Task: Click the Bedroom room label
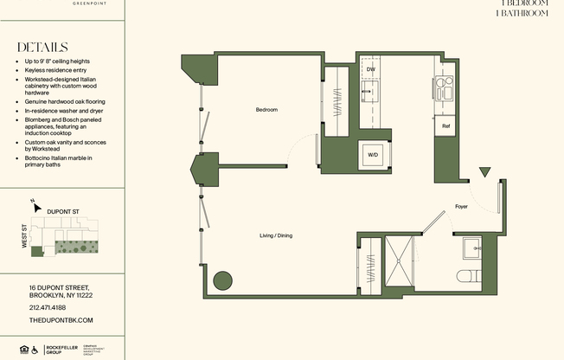click(x=266, y=110)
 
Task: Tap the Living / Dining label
click(x=275, y=235)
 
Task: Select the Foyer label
click(x=461, y=207)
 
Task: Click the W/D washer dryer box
click(x=373, y=155)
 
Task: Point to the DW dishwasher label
click(x=370, y=68)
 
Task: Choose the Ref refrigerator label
click(x=445, y=126)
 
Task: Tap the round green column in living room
click(x=222, y=280)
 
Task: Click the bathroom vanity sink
click(x=471, y=247)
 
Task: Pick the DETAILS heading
click(x=42, y=48)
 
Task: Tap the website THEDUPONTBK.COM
click(x=61, y=320)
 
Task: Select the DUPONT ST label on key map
click(x=64, y=210)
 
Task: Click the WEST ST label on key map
click(x=25, y=236)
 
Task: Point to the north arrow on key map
click(x=34, y=205)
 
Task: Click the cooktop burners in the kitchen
click(x=445, y=87)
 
